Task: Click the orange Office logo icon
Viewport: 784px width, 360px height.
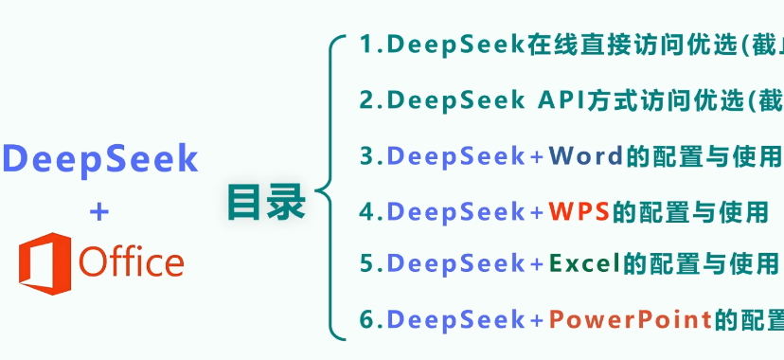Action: [x=45, y=261]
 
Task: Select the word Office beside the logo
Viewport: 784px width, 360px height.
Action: [x=132, y=262]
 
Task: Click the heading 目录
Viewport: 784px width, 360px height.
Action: [x=266, y=202]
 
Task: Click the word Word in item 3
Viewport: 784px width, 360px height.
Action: [x=586, y=155]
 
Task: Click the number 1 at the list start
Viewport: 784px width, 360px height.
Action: [x=366, y=45]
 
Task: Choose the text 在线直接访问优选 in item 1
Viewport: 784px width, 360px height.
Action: [x=626, y=45]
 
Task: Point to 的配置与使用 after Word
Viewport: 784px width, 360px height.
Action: [x=704, y=155]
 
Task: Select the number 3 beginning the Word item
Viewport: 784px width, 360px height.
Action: [x=367, y=155]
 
